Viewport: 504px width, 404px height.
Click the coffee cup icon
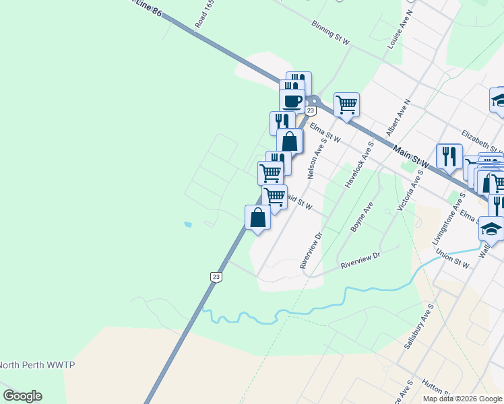click(x=292, y=101)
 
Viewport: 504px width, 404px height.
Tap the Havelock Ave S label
click(x=358, y=165)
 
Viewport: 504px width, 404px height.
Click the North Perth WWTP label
click(x=37, y=365)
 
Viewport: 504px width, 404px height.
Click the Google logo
click(x=22, y=396)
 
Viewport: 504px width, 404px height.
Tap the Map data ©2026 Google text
click(x=463, y=399)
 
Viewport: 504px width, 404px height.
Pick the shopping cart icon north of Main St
click(x=346, y=104)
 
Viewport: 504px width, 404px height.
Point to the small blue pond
click(x=187, y=224)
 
